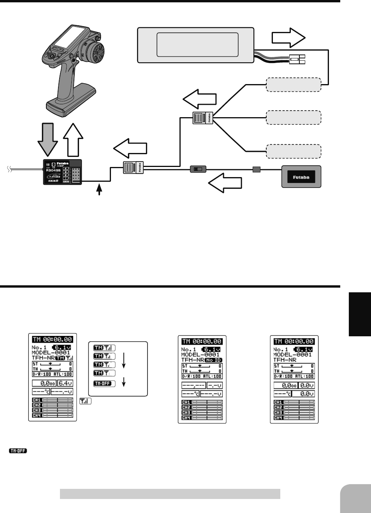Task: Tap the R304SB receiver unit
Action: pyautogui.click(x=62, y=172)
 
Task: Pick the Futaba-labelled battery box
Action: pyautogui.click(x=301, y=177)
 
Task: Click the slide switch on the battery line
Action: pyautogui.click(x=198, y=169)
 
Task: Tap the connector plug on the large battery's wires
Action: pyautogui.click(x=297, y=59)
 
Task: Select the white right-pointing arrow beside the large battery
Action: pyautogui.click(x=288, y=38)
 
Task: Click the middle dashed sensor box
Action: pyautogui.click(x=293, y=117)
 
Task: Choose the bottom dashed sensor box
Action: pyautogui.click(x=293, y=151)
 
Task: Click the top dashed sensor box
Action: pyautogui.click(x=293, y=84)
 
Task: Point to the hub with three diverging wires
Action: pyautogui.click(x=203, y=118)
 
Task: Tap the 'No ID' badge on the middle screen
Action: pyautogui.click(x=213, y=360)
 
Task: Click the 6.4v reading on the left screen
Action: pyautogui.click(x=65, y=383)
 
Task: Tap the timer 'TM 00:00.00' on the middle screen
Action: pyautogui.click(x=202, y=341)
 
